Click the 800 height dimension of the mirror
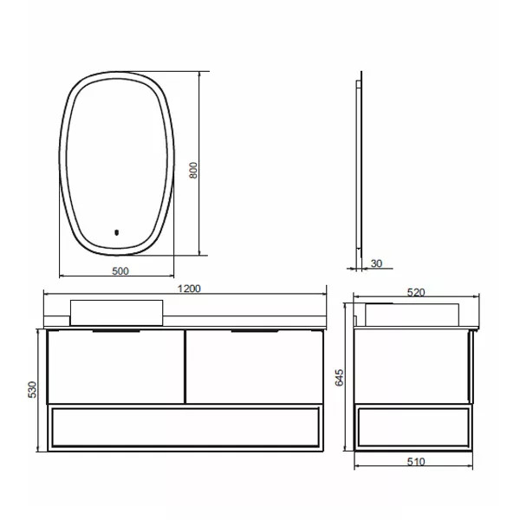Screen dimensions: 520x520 coord(195,171)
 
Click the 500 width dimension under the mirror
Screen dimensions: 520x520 coord(120,271)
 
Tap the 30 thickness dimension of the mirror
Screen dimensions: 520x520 coord(376,263)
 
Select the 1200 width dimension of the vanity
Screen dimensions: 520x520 coord(189,289)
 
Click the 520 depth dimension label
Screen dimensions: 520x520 coord(416,293)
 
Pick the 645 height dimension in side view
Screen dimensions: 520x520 coord(340,378)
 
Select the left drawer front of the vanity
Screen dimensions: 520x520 coord(115,367)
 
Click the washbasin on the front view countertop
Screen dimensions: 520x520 coord(116,312)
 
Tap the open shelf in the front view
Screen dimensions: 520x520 coord(185,426)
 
